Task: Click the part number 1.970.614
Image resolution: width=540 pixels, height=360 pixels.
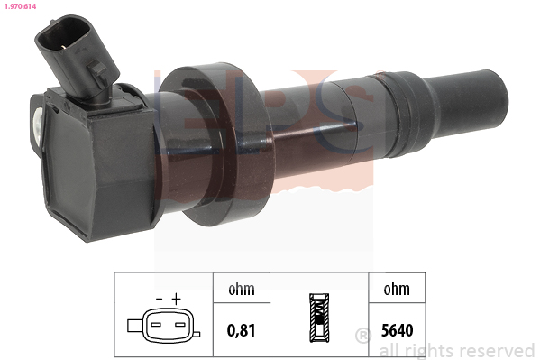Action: (x=21, y=6)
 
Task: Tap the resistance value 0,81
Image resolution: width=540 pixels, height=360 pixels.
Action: (x=242, y=330)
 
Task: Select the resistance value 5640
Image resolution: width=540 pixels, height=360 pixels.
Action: (x=397, y=330)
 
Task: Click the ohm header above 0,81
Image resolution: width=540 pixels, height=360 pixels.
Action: (x=242, y=289)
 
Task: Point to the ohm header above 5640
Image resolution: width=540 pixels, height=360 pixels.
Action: (x=397, y=289)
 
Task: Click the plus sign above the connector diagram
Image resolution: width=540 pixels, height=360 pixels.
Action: (x=177, y=299)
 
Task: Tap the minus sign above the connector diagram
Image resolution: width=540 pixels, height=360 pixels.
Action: (x=159, y=299)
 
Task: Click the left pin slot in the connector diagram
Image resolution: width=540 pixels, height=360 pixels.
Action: (x=156, y=325)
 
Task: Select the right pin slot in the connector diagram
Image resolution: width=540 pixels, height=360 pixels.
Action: (x=180, y=325)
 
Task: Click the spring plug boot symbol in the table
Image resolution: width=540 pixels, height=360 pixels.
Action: (x=319, y=318)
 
